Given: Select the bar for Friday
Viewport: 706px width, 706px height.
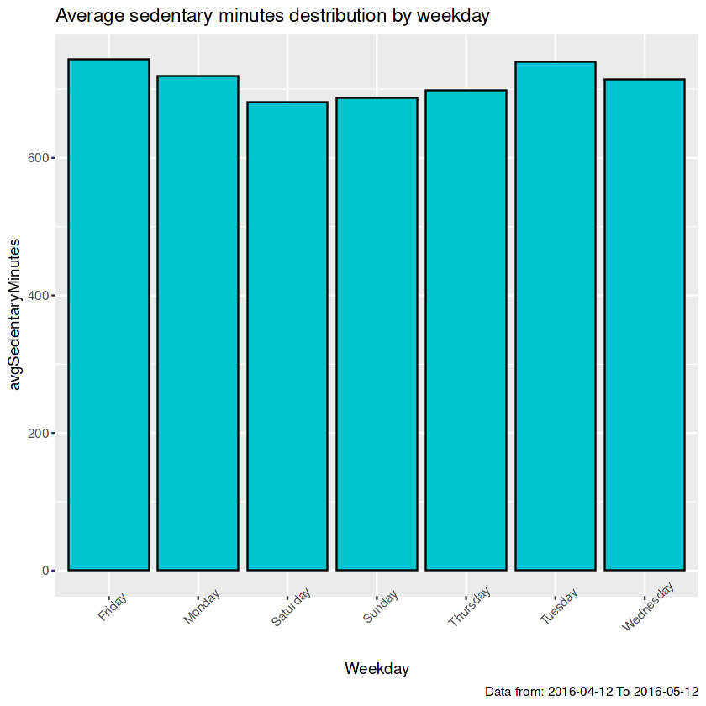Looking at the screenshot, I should [x=108, y=314].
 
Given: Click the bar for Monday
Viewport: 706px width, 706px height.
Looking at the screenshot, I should [x=198, y=323].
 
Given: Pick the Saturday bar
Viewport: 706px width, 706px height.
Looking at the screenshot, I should [x=287, y=336].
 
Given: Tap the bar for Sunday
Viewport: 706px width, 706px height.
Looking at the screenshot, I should [x=377, y=334].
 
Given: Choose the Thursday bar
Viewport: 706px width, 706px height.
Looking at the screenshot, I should [x=466, y=330].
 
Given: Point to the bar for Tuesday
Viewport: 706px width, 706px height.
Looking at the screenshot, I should [x=556, y=316].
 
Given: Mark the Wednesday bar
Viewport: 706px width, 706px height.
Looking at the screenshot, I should [x=645, y=324].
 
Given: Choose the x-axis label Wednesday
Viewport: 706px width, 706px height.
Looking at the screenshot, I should [x=648, y=610].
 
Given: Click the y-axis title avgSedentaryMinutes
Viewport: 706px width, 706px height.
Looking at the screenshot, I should [x=13, y=313].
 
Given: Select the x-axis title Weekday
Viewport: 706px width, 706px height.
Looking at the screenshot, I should [x=377, y=669].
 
